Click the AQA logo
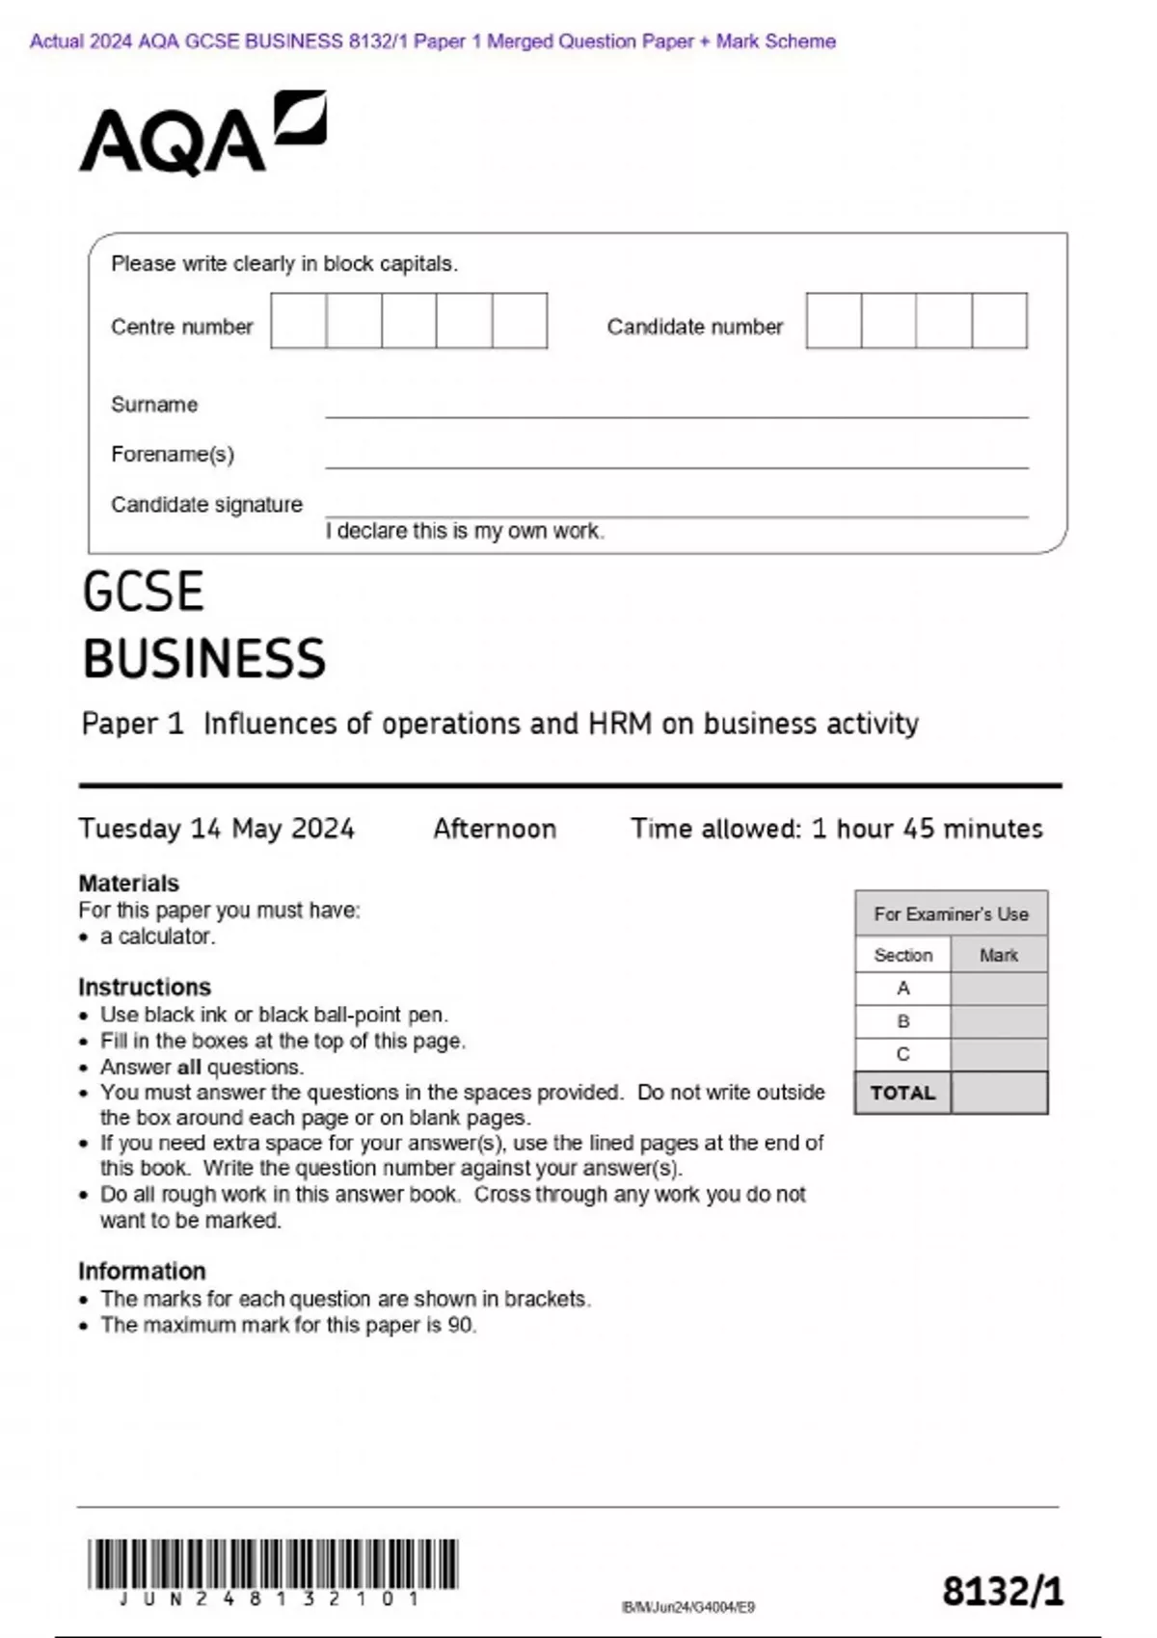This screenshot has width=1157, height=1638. click(x=202, y=135)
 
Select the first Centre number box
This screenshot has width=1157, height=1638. click(x=299, y=321)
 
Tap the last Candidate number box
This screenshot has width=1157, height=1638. click(x=1000, y=321)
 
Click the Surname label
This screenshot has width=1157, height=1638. click(x=154, y=405)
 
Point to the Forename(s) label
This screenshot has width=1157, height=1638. click(x=173, y=454)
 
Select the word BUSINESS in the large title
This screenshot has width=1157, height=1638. click(x=204, y=659)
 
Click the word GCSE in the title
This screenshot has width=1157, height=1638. click(x=143, y=592)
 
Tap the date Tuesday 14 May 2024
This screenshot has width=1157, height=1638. click(x=217, y=829)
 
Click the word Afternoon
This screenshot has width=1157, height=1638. click(x=495, y=829)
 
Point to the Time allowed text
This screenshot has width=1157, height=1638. click(x=837, y=829)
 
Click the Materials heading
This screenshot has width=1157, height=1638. click(x=128, y=883)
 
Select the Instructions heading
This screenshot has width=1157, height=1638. click(x=145, y=987)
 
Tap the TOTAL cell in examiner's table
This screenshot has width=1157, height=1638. click(x=902, y=1093)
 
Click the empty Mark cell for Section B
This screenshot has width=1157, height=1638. click(x=999, y=1021)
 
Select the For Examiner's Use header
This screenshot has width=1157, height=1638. click(x=951, y=913)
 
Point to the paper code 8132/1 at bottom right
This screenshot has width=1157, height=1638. click(x=1003, y=1591)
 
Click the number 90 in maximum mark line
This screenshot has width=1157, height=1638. click(x=460, y=1325)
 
